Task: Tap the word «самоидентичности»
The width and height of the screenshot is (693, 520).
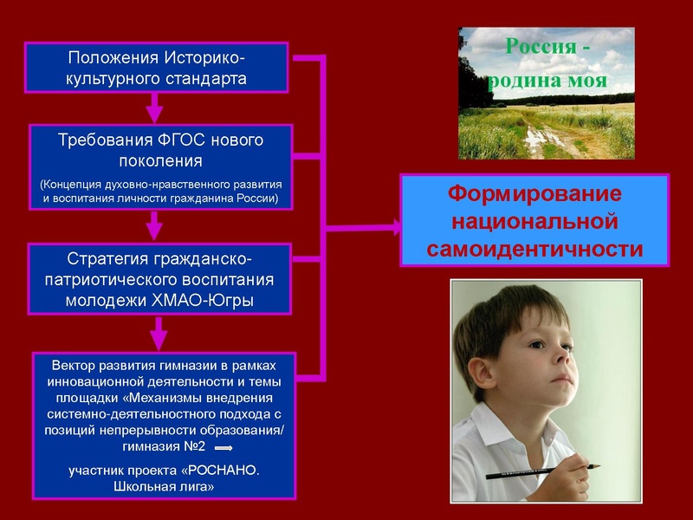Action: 534,249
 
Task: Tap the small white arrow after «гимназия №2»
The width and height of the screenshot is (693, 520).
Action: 223,448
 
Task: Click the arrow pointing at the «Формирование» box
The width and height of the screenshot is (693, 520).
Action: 394,228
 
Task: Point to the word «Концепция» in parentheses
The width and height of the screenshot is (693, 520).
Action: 76,185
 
